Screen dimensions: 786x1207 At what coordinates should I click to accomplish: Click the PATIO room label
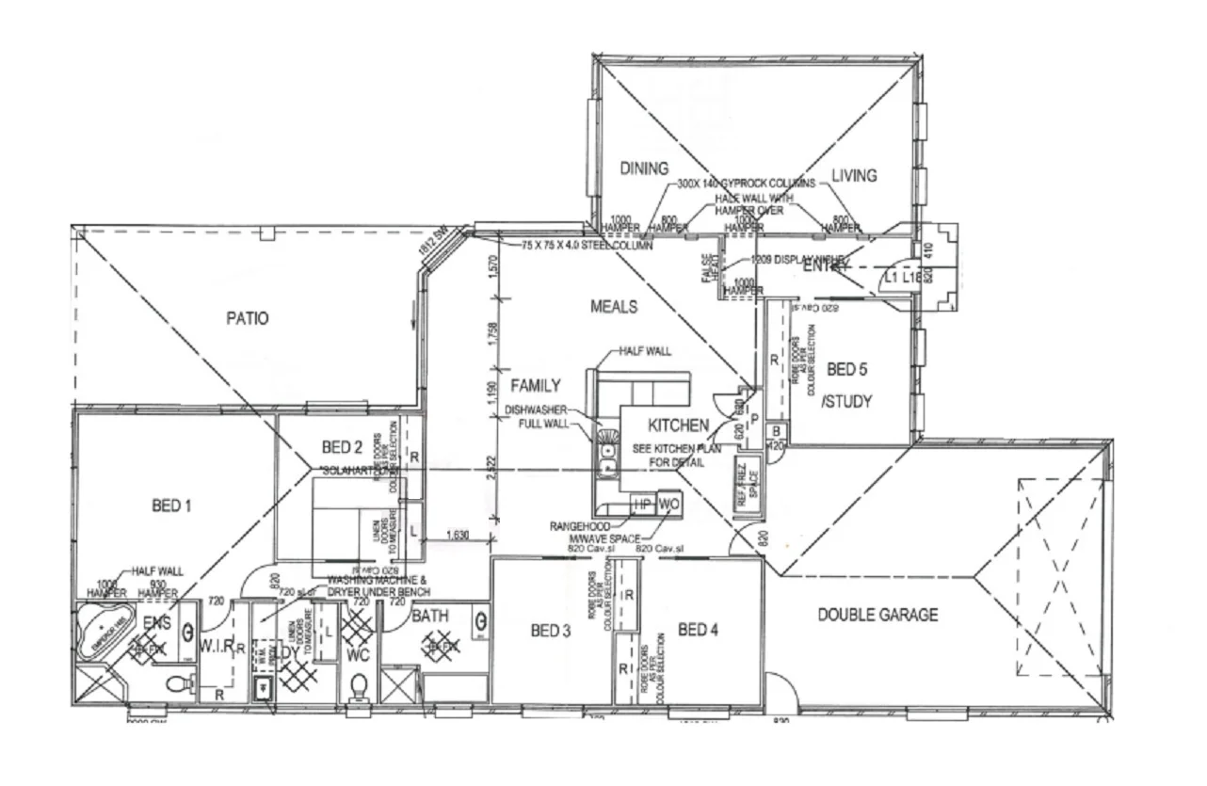(247, 319)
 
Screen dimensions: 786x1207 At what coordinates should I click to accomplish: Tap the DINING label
(644, 168)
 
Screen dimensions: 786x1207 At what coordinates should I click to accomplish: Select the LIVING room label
(854, 175)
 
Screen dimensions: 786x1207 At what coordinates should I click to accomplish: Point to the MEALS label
(613, 306)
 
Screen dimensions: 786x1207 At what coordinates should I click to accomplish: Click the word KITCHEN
(678, 426)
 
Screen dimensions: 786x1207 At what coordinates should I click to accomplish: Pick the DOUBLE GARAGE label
(877, 615)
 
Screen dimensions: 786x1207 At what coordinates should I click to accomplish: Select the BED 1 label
(171, 506)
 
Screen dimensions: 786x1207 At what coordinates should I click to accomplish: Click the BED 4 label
(698, 629)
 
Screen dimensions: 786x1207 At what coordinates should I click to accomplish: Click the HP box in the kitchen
(642, 504)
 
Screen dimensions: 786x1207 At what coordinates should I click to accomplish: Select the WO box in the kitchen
(668, 504)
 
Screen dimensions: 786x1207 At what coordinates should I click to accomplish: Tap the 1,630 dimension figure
(456, 536)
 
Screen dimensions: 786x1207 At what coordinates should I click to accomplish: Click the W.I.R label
(216, 646)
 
